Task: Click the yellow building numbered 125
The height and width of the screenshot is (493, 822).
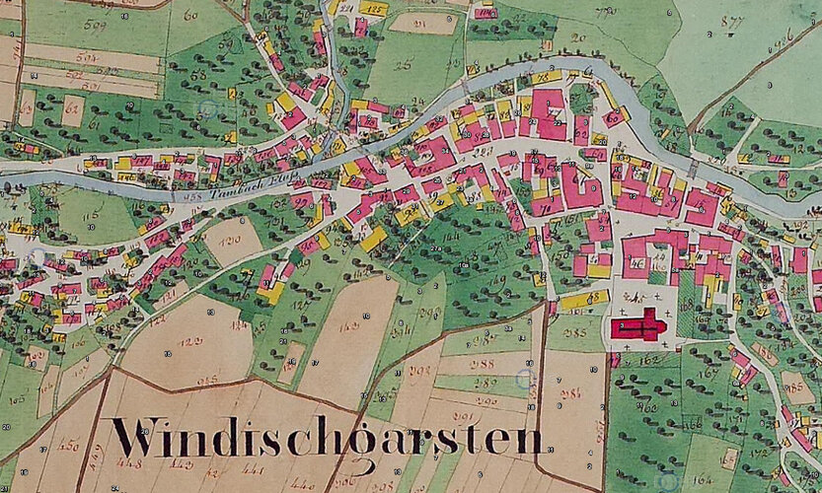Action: click(x=372, y=9)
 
